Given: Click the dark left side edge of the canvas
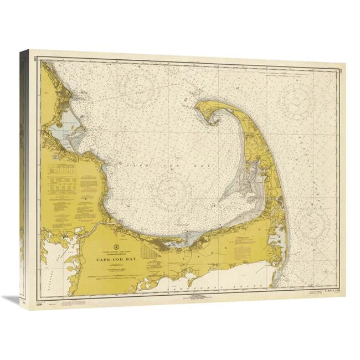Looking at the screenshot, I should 24,177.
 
